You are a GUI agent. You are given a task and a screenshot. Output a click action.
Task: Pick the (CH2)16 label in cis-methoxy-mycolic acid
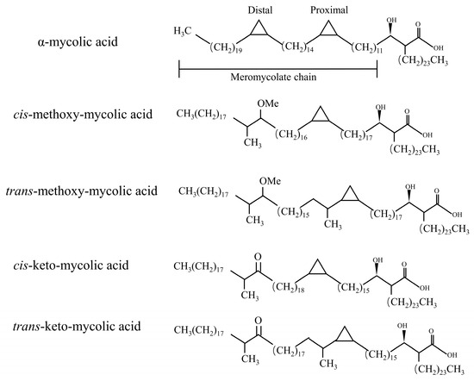point(290,134)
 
